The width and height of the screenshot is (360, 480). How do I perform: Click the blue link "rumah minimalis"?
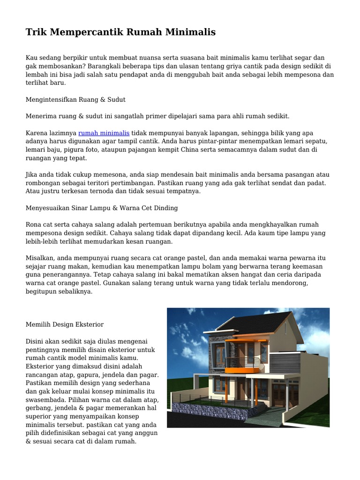point(104,133)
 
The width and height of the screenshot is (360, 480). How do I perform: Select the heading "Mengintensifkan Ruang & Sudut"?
point(75,100)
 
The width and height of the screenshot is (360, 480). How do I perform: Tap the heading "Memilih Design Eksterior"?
point(65,324)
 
